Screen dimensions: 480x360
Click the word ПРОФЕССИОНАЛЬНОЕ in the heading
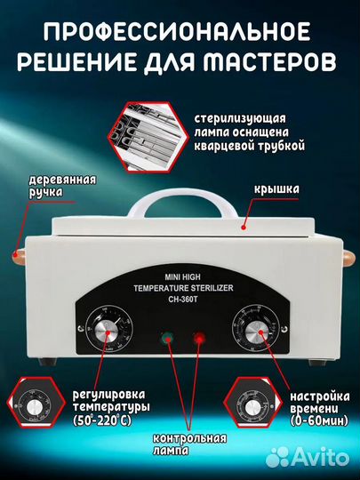point(180,34)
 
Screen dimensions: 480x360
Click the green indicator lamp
point(164,338)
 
